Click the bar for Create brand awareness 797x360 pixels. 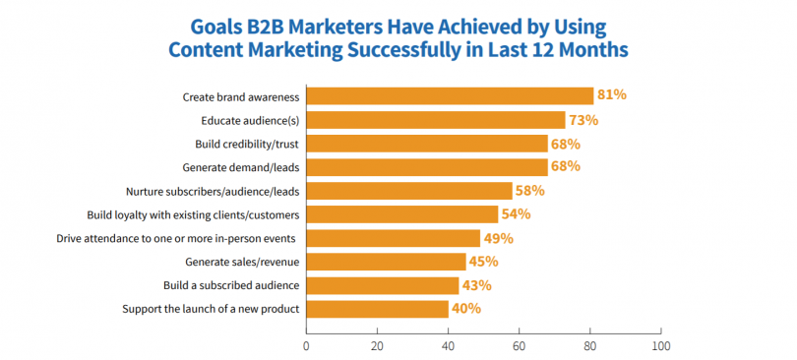click(x=450, y=96)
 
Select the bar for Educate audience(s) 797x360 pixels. click(x=435, y=120)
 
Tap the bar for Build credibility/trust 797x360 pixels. click(x=426, y=144)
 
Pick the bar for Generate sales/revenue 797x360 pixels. click(x=386, y=262)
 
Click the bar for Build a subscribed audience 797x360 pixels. click(x=382, y=285)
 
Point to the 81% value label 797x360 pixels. click(x=611, y=95)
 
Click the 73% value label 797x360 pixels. click(x=582, y=120)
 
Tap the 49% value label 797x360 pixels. click(x=497, y=238)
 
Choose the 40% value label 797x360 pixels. click(x=465, y=309)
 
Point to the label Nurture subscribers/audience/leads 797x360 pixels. click(x=212, y=191)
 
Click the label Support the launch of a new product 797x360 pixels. click(x=211, y=309)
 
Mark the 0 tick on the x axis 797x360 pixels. click(x=306, y=346)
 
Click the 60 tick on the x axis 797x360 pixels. click(x=520, y=346)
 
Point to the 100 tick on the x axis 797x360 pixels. click(x=661, y=346)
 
